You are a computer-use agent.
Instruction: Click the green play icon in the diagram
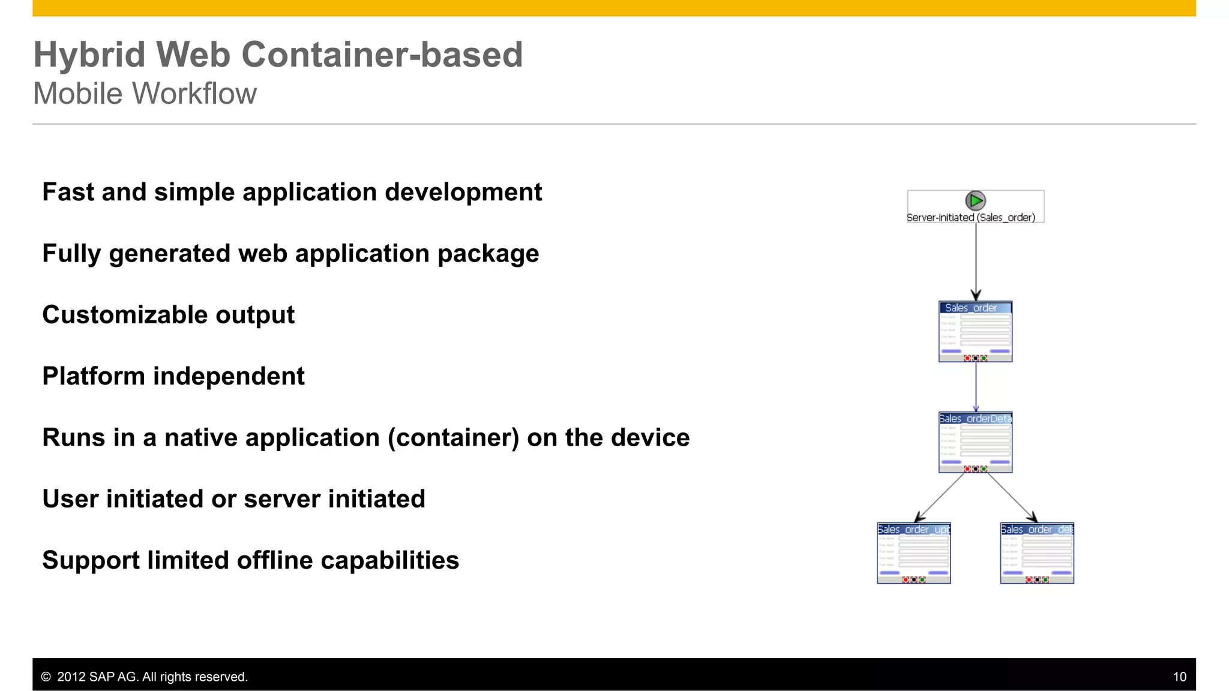(975, 200)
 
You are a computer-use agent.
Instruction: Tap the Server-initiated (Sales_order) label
(970, 218)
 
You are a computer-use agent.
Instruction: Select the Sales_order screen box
(975, 332)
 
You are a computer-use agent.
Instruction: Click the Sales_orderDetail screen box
(975, 443)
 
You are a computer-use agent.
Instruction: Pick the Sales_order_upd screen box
(913, 553)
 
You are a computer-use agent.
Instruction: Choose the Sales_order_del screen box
(1036, 553)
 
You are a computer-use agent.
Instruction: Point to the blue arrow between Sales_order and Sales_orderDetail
(976, 387)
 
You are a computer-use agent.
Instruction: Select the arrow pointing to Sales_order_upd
(940, 498)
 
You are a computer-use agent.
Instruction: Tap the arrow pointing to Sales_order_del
(1012, 498)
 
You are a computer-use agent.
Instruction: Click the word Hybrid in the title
(89, 55)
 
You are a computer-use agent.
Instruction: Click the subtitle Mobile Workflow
(145, 94)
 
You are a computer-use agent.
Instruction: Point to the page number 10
(1179, 677)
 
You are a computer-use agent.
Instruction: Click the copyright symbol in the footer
(46, 677)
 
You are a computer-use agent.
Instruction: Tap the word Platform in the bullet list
(94, 377)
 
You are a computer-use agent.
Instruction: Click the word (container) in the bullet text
(453, 438)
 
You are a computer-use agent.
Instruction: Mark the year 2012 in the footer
(71, 677)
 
